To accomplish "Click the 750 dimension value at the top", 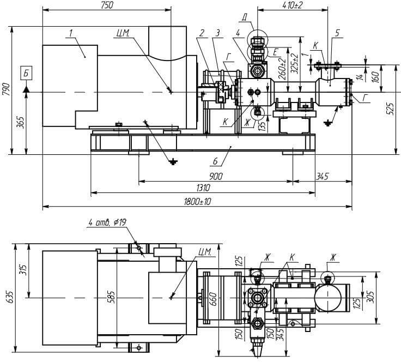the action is click(x=107, y=5).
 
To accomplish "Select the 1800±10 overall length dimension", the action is click(x=197, y=202).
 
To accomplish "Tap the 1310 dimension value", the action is click(x=203, y=188).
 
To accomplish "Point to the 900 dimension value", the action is click(x=216, y=176).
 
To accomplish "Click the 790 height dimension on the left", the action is click(x=6, y=89).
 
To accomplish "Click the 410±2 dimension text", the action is click(x=293, y=5).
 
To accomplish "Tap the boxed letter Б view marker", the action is click(x=26, y=74).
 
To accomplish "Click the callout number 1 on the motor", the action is click(x=71, y=33).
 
